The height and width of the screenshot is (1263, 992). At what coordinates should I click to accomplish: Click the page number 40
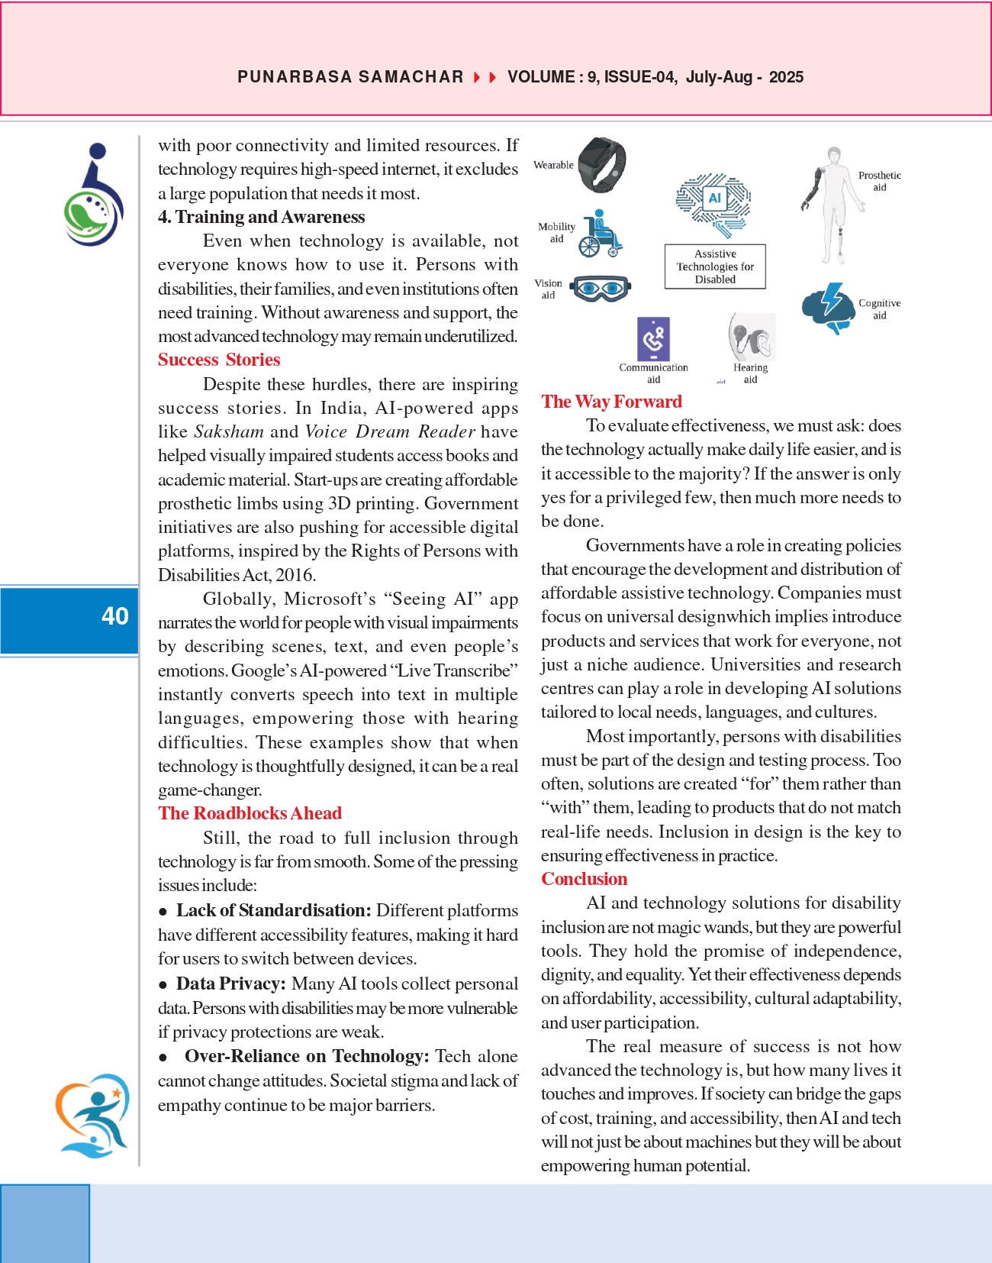pos(115,616)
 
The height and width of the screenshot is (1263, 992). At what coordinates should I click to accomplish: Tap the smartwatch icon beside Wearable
pos(602,165)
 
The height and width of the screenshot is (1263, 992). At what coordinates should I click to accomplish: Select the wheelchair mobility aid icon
pos(600,234)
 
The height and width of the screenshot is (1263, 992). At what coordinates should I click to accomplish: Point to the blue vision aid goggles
pos(601,289)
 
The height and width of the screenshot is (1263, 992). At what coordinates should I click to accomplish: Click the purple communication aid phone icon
pos(653,338)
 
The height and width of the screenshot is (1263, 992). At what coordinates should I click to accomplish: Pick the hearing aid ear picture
pos(752,337)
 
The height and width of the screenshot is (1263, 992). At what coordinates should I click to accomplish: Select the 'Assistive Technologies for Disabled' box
pos(715,266)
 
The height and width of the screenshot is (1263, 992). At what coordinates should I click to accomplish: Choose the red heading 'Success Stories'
pos(219,360)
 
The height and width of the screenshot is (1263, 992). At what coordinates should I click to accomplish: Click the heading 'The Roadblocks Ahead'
pos(250,813)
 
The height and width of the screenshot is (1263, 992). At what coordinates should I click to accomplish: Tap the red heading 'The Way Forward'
pos(611,402)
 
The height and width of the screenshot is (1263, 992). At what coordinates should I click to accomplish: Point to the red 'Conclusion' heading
pos(584,879)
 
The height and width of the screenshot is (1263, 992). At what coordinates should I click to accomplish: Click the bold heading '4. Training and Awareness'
pos(261,217)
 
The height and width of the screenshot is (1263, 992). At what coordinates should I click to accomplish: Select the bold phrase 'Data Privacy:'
pos(230,984)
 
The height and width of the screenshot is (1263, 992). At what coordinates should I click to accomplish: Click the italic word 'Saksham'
pos(229,431)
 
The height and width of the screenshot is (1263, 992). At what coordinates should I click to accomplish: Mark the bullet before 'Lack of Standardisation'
pos(163,912)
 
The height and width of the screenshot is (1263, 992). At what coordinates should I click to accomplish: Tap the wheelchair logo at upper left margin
pos(94,195)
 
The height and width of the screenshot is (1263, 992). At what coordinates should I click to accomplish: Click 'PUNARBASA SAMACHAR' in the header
pos(350,77)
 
